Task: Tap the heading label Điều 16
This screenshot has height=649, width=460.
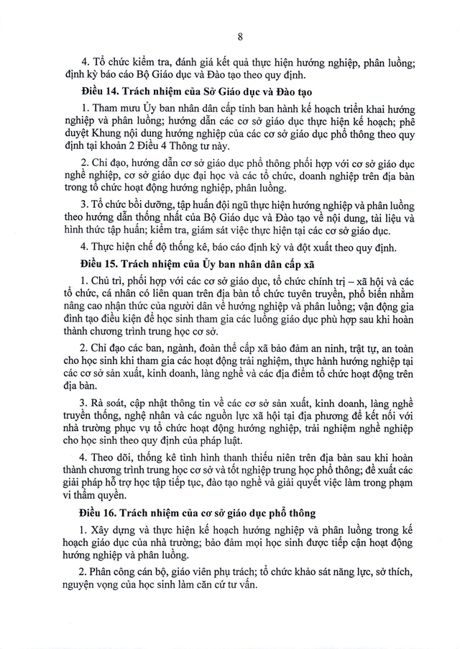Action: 98,512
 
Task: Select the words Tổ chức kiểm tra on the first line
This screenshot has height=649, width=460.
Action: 129,61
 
